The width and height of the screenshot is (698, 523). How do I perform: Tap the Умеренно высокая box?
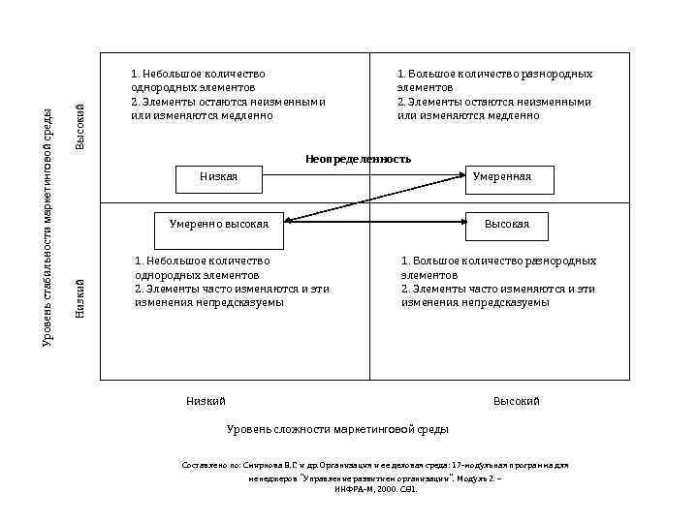pyautogui.click(x=219, y=225)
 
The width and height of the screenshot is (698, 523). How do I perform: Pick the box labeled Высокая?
pyautogui.click(x=506, y=225)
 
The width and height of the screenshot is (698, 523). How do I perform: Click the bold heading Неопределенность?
pyautogui.click(x=358, y=158)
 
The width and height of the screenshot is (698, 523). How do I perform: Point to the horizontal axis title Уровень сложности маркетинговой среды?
pyautogui.click(x=337, y=429)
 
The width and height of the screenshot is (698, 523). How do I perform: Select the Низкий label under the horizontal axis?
pyautogui.click(x=206, y=401)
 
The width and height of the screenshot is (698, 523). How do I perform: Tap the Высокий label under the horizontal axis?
pyautogui.click(x=516, y=401)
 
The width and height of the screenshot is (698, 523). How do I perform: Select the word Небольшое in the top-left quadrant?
pyautogui.click(x=168, y=74)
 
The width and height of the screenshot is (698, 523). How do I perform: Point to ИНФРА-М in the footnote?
pyautogui.click(x=355, y=490)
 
